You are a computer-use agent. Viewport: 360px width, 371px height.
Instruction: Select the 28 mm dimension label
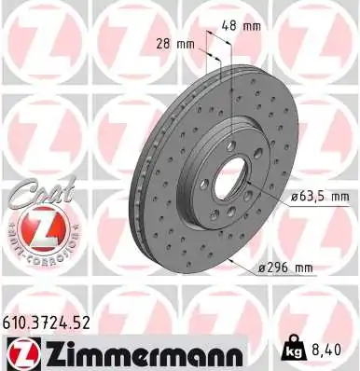click(177, 43)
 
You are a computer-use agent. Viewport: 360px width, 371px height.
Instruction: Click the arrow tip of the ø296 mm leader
click(250, 265)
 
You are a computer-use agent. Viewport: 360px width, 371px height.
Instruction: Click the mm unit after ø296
click(305, 268)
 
